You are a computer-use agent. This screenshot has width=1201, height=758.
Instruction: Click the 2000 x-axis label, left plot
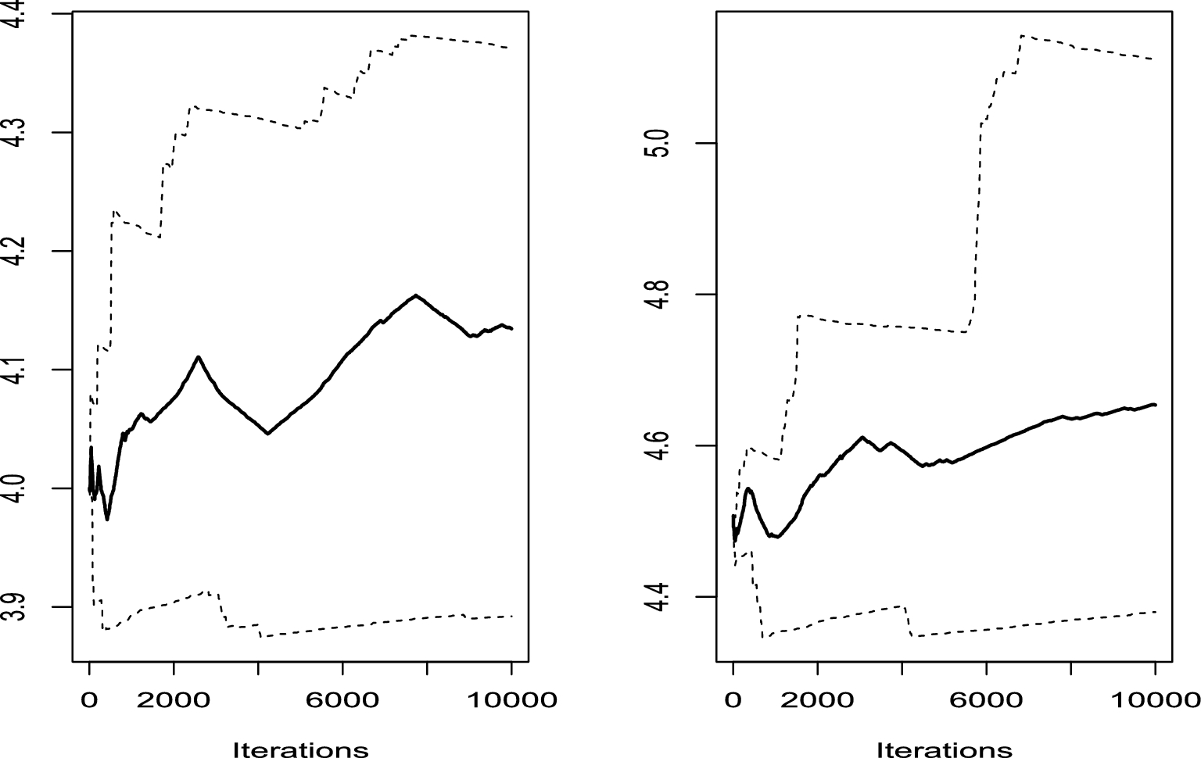[x=174, y=699]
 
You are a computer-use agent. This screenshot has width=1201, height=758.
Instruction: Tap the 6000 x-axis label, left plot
[x=342, y=699]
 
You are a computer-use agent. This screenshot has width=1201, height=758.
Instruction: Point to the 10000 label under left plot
[x=511, y=699]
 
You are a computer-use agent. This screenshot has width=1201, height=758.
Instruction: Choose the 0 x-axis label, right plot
[x=733, y=699]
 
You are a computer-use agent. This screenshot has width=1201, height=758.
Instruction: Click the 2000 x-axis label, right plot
[x=818, y=699]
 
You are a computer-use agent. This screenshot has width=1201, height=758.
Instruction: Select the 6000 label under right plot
[x=987, y=699]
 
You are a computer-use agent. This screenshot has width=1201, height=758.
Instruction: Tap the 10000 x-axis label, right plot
[x=1155, y=699]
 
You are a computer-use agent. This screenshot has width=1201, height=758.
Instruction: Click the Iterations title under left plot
[x=301, y=749]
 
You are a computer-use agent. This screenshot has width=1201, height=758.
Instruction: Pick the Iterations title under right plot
[x=945, y=749]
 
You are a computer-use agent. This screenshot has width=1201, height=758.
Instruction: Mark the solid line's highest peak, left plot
[x=415, y=295]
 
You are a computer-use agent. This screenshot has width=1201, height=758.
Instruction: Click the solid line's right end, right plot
[x=1155, y=404]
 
